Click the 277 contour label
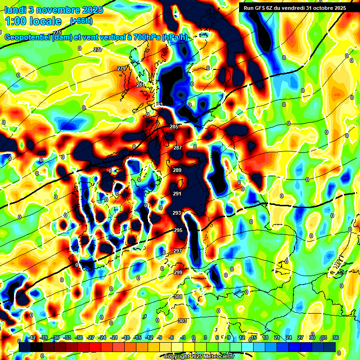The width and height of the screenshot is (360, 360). tap(97, 50)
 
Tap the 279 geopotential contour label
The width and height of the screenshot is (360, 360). tap(121, 68)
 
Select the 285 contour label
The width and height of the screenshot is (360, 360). tap(174, 127)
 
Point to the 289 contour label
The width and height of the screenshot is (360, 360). tap(177, 170)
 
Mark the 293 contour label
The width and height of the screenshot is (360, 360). tap(177, 213)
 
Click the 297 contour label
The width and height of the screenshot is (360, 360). tap(178, 251)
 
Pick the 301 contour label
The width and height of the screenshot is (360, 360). tap(178, 297)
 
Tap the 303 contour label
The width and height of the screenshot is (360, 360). tap(182, 321)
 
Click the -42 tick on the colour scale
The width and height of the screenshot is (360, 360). tap(32, 337)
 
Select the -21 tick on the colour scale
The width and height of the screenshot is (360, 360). tap(114, 337)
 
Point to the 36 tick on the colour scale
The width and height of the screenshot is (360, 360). tap(336, 337)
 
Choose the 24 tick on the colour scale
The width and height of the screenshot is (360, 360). tap(289, 337)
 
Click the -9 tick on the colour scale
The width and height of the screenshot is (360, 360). tap(159, 337)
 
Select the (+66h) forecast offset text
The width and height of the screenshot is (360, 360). tap(81, 21)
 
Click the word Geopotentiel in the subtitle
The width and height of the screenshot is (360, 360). tap(28, 37)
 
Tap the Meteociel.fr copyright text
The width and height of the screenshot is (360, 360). tap(216, 357)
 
